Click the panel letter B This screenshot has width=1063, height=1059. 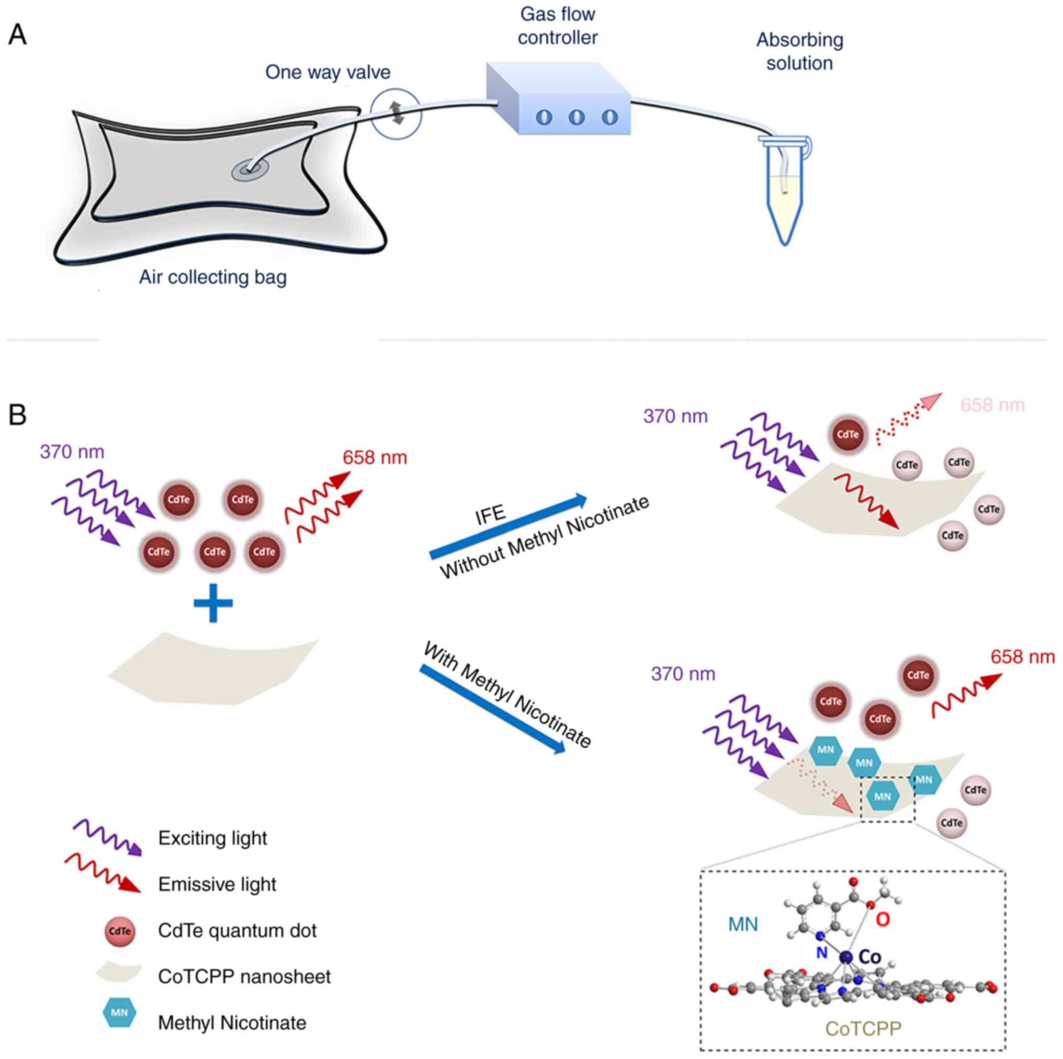(x=18, y=415)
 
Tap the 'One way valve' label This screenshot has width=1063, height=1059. (x=327, y=72)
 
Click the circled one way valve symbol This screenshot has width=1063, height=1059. (x=395, y=114)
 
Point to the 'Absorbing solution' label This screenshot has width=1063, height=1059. (x=799, y=51)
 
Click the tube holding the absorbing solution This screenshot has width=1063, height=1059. (x=785, y=193)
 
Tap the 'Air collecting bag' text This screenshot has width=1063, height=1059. (x=212, y=277)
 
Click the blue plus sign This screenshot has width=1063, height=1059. (x=213, y=603)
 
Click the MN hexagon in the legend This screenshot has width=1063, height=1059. (x=119, y=1012)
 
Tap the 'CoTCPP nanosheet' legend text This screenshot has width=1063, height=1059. (x=244, y=976)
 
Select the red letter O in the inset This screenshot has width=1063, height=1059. (x=883, y=919)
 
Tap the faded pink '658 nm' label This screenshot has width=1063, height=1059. (x=992, y=405)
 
